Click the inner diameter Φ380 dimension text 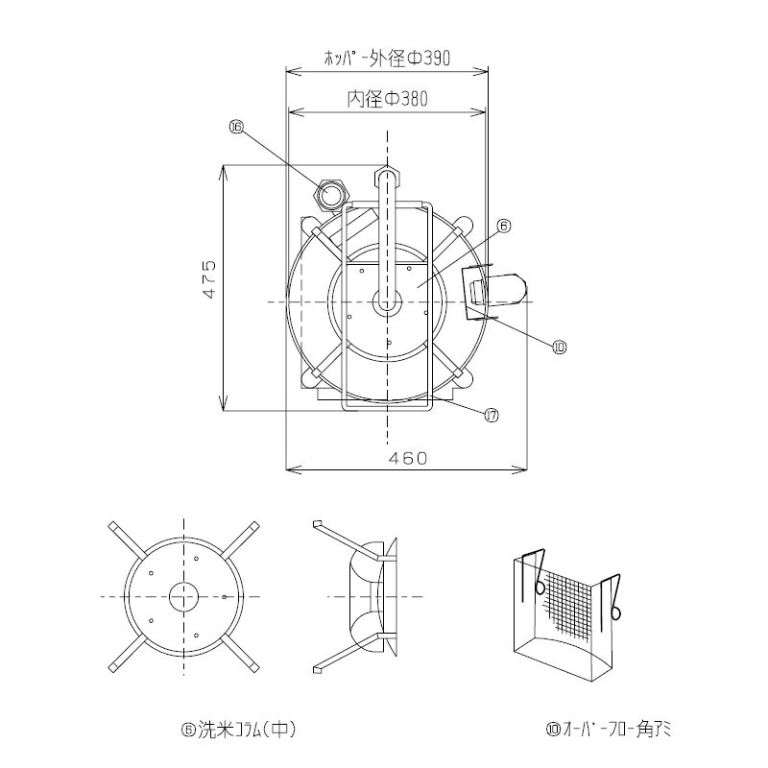(387, 99)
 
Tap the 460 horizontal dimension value (407, 459)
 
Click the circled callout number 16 (236, 126)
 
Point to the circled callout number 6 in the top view (504, 227)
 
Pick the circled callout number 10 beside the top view (560, 348)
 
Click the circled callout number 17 (491, 415)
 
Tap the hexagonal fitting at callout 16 (332, 196)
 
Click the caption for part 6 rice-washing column (238, 729)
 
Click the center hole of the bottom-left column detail (182, 596)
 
